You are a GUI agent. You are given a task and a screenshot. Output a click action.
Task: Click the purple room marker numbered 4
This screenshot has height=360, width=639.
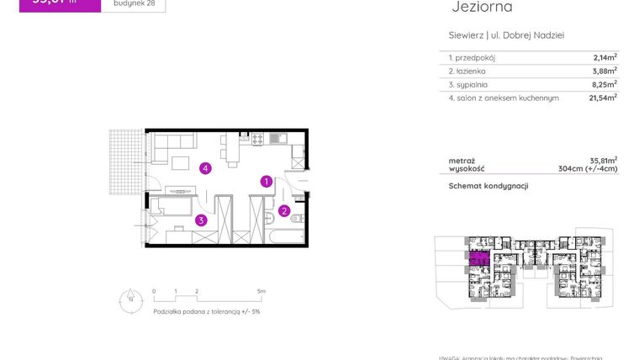[205, 168]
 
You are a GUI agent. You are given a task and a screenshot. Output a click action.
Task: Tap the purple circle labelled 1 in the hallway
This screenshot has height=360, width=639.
[265, 181]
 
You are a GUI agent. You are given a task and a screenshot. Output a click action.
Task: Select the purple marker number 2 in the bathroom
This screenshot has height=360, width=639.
[284, 210]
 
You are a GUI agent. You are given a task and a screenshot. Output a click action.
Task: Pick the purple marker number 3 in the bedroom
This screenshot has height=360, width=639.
[201, 220]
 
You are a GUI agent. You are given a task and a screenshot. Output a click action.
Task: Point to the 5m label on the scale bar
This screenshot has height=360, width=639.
[261, 291]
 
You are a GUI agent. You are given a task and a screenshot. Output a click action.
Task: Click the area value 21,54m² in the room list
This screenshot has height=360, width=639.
[603, 98]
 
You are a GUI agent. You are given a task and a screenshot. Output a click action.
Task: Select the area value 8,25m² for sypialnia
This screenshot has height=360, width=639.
[605, 84]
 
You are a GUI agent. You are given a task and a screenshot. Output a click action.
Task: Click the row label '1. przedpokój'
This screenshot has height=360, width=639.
[473, 57]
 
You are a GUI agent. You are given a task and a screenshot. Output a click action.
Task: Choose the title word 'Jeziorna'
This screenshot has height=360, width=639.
[482, 8]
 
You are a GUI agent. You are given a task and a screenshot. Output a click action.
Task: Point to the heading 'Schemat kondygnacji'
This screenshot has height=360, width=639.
[488, 186]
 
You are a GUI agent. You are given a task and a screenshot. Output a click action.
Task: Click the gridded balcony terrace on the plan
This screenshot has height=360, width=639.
[126, 161]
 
